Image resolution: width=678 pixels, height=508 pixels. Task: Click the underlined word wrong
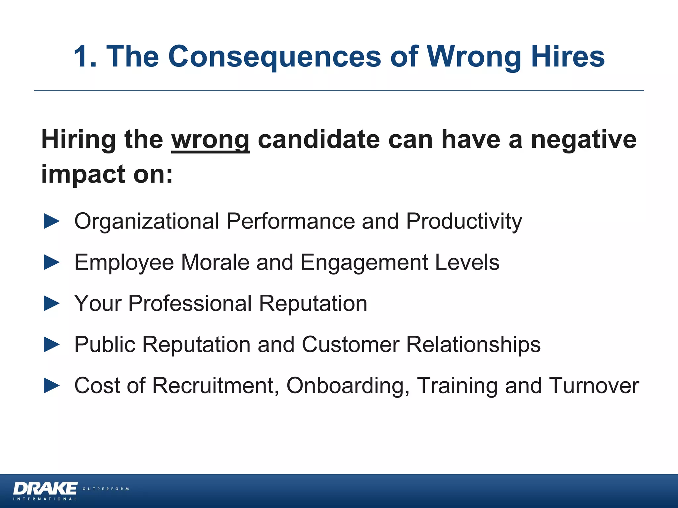click(x=210, y=140)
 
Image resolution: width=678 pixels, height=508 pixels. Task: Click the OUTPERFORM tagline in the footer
click(x=106, y=489)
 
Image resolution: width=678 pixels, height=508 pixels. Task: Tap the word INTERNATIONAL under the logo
click(x=45, y=499)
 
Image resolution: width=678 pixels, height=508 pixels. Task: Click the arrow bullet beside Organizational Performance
click(x=52, y=221)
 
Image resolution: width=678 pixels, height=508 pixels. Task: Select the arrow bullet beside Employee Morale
click(x=52, y=262)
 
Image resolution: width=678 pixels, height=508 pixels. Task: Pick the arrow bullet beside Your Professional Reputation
click(x=52, y=303)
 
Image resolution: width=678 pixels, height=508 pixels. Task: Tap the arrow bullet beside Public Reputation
click(x=52, y=344)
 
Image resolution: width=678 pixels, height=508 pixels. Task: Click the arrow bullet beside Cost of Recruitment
click(x=52, y=386)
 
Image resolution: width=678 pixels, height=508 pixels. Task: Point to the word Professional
click(x=190, y=303)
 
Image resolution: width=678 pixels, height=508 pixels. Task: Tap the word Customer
click(x=351, y=344)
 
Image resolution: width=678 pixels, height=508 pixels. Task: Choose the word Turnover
click(x=594, y=386)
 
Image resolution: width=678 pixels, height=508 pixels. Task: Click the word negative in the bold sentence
click(x=584, y=140)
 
